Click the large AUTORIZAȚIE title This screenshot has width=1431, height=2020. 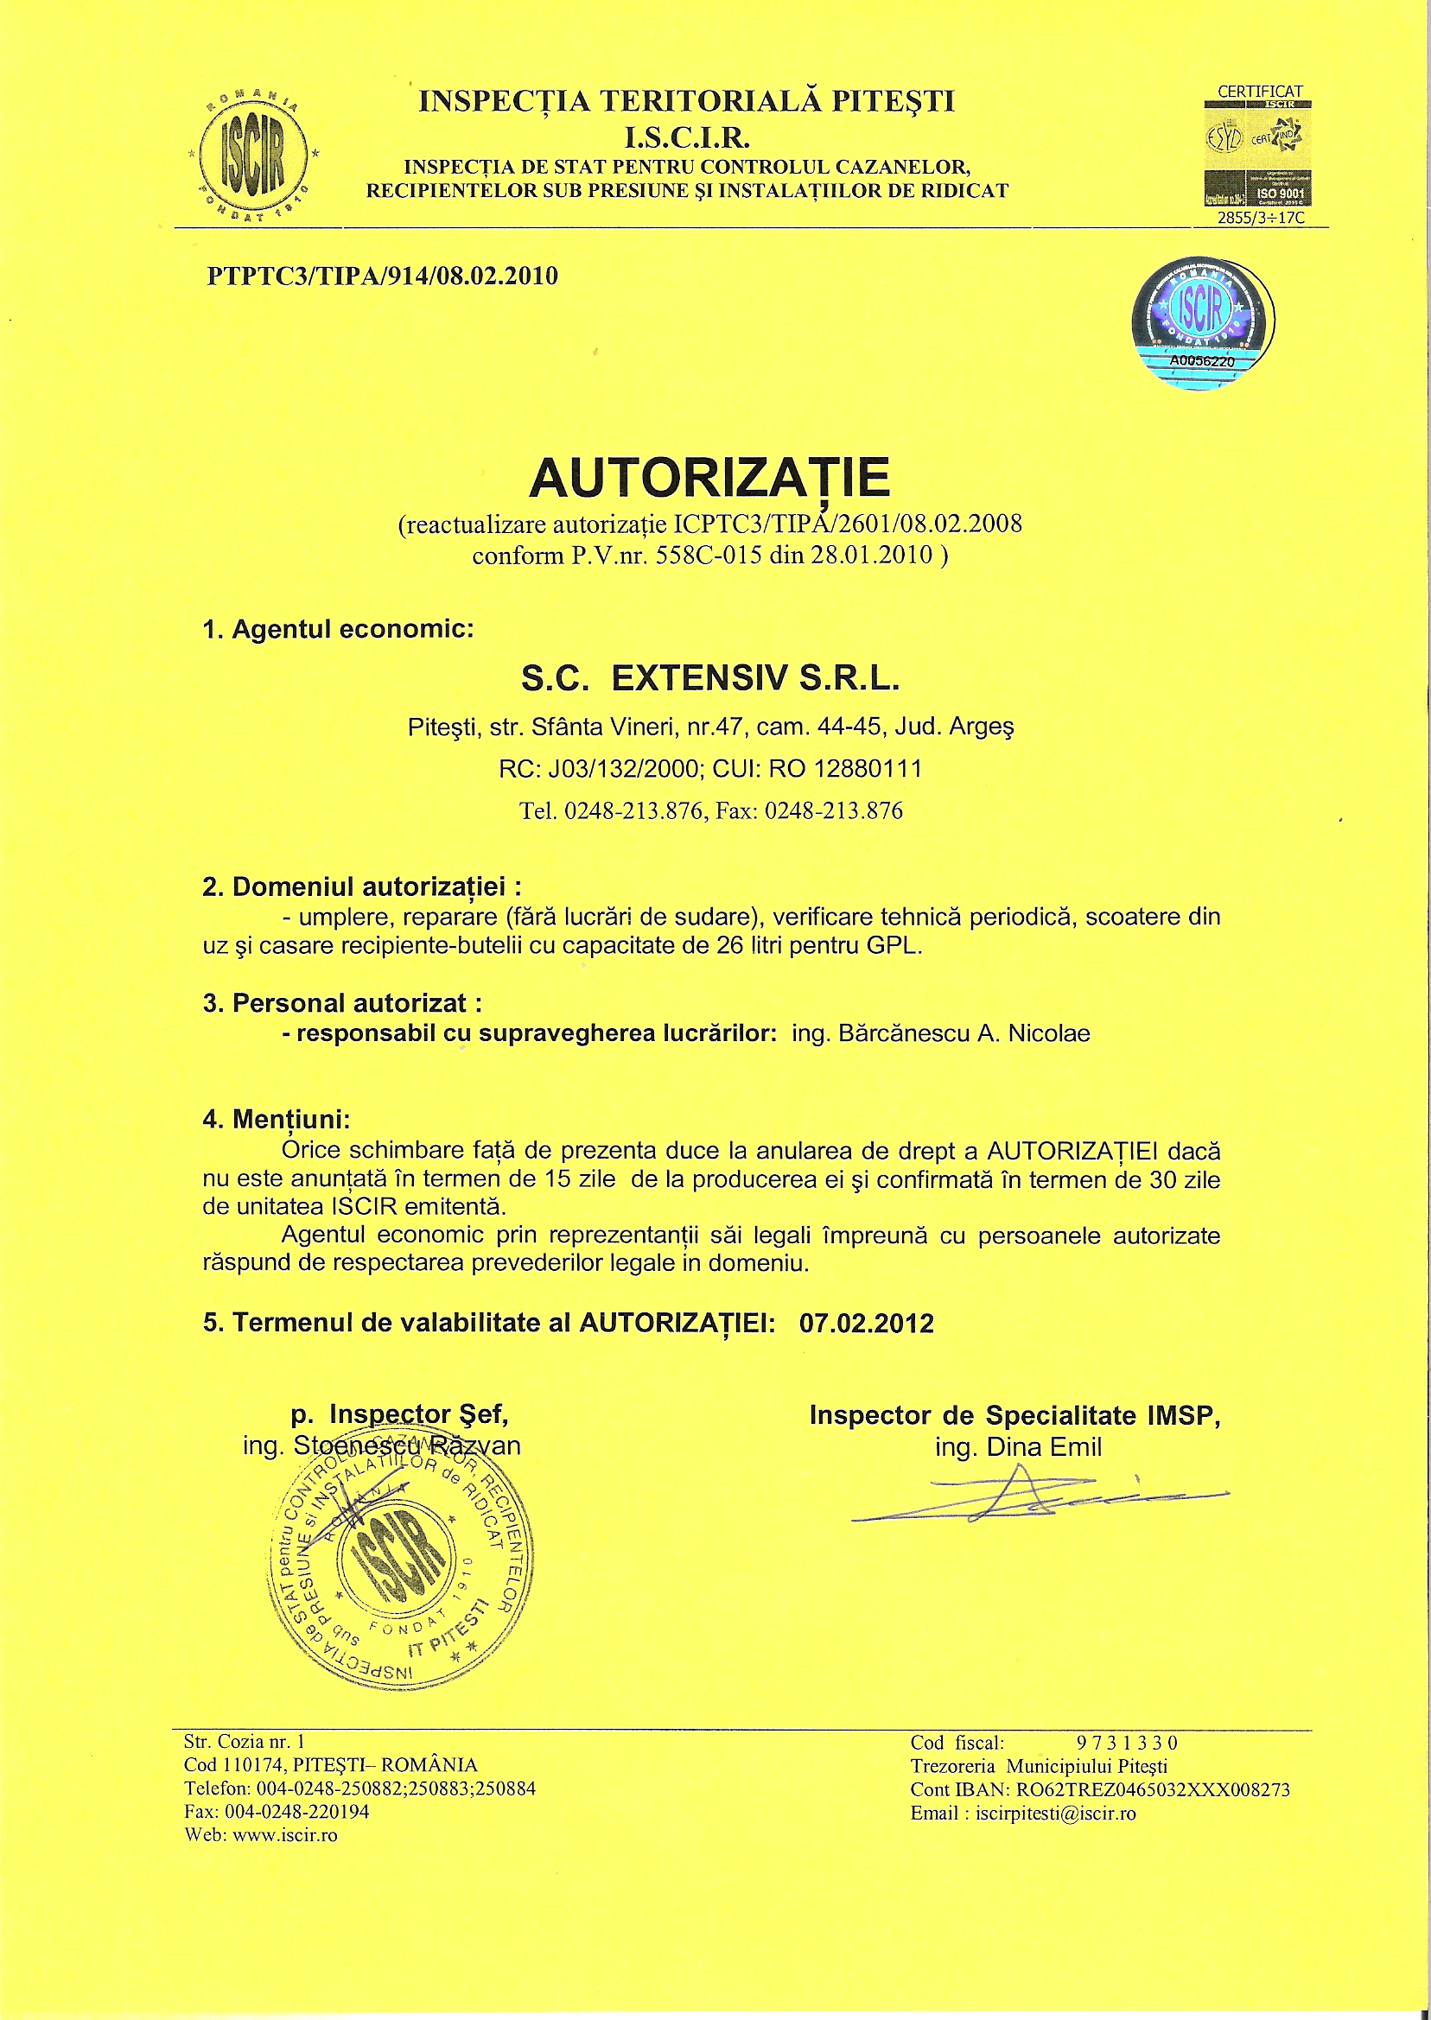[x=709, y=478]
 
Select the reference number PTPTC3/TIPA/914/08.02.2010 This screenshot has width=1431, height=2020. [x=382, y=276]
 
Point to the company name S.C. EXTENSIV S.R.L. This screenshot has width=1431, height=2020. [x=710, y=678]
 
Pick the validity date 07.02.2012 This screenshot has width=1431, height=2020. [x=866, y=1323]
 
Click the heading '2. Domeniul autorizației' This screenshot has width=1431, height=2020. [x=361, y=887]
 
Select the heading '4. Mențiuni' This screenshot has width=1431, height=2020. [x=277, y=1120]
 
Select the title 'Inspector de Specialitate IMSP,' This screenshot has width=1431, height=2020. [x=1015, y=1416]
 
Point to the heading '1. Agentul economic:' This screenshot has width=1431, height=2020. [x=339, y=630]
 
